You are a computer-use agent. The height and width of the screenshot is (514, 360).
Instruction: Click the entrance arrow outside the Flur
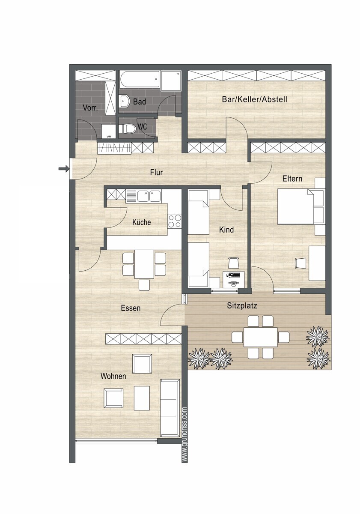[64, 169]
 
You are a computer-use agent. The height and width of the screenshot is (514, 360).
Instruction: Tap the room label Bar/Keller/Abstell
[254, 99]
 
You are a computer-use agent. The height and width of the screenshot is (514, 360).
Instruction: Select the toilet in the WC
[128, 128]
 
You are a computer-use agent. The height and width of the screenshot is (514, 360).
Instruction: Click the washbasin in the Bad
[124, 101]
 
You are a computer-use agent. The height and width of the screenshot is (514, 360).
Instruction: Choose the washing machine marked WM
[108, 131]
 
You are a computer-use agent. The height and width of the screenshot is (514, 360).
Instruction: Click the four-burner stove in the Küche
[174, 221]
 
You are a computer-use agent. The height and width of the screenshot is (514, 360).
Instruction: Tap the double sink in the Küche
[143, 196]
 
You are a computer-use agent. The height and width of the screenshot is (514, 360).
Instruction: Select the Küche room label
[142, 222]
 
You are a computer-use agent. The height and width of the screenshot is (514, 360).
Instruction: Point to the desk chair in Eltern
[300, 263]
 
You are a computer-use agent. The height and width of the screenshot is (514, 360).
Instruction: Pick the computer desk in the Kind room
[234, 279]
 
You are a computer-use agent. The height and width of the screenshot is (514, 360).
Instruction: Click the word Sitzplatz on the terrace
[242, 306]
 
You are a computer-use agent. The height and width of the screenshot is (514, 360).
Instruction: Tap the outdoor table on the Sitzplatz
[261, 337]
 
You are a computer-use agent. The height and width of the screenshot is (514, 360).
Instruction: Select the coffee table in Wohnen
[142, 398]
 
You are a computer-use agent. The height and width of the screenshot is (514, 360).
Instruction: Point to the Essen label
[131, 308]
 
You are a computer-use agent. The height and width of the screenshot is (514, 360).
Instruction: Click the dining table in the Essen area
[144, 264]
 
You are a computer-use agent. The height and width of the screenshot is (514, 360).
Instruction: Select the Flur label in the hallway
[156, 172]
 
